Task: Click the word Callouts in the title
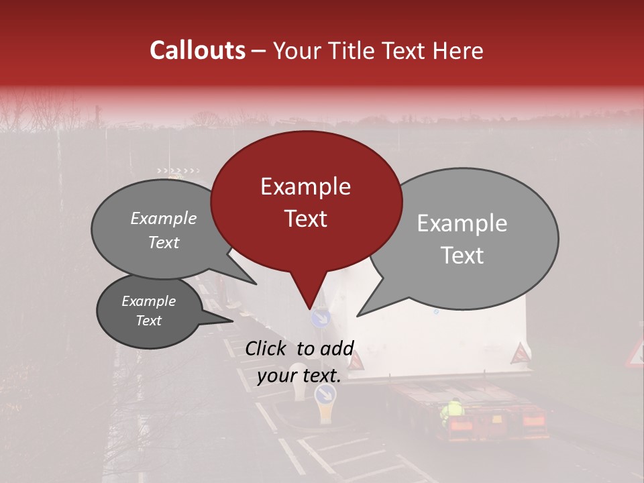pos(197,50)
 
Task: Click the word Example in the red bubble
pos(305,186)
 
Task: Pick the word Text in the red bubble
pos(305,218)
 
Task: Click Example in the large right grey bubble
pos(462,223)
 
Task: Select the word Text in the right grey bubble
pos(463,255)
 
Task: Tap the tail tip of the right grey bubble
pos(358,315)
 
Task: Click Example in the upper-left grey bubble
pos(164,219)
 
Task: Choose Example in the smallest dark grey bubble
pos(148,301)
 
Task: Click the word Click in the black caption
pos(268,348)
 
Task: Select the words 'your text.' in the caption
pos(299,376)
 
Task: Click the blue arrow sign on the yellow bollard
pos(325,394)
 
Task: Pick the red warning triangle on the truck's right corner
pos(520,354)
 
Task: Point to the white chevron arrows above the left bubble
pos(178,171)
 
